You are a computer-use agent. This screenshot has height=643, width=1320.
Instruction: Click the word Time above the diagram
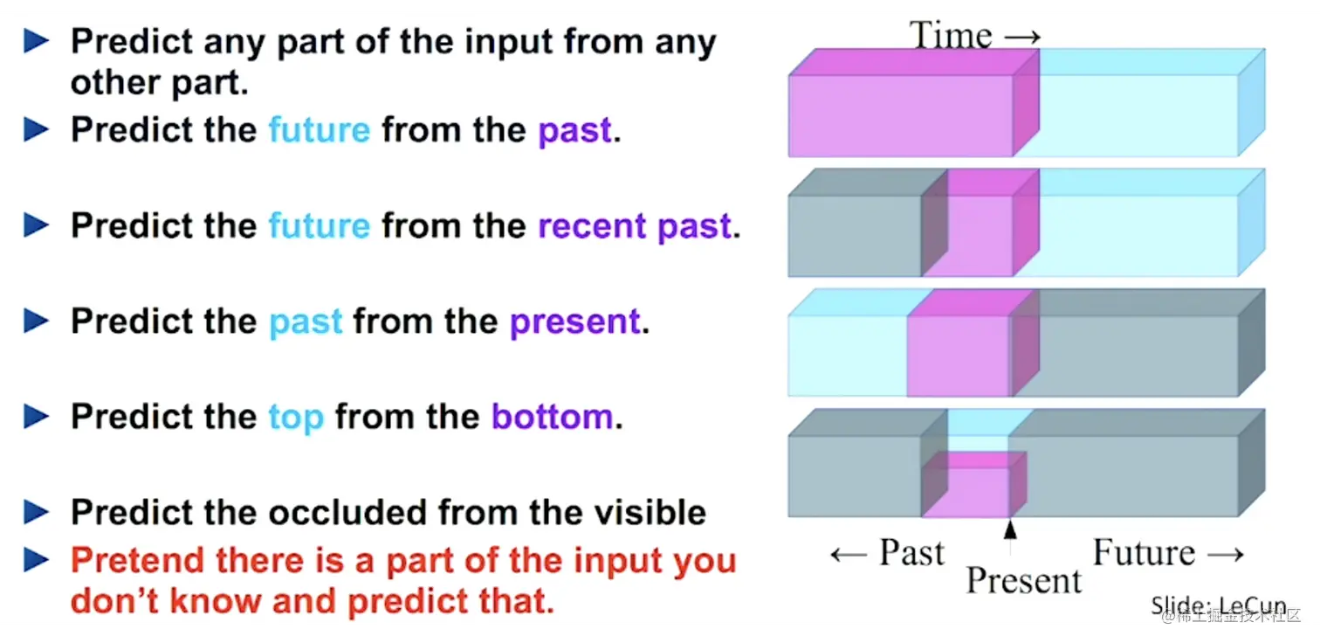click(x=952, y=36)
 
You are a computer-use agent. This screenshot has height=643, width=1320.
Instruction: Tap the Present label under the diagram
click(x=1023, y=580)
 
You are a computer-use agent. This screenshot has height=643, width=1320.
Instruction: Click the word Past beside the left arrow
click(x=911, y=552)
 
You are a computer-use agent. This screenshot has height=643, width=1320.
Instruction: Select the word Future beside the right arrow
click(x=1144, y=552)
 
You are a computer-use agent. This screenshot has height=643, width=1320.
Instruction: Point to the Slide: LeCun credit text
click(x=1218, y=605)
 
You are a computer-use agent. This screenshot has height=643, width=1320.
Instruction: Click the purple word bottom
click(x=552, y=417)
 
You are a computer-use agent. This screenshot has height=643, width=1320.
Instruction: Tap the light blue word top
click(x=296, y=418)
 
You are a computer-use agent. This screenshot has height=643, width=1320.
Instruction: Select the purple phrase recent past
click(x=634, y=226)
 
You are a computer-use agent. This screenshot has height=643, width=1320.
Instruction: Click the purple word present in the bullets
click(x=574, y=321)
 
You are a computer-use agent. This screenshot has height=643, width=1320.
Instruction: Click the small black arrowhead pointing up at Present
click(x=1011, y=528)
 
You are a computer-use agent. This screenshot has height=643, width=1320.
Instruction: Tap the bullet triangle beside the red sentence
click(x=37, y=560)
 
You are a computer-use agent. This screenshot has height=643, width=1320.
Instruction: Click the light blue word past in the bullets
click(x=306, y=322)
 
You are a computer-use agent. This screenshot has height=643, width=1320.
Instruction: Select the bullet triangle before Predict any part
click(x=37, y=41)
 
